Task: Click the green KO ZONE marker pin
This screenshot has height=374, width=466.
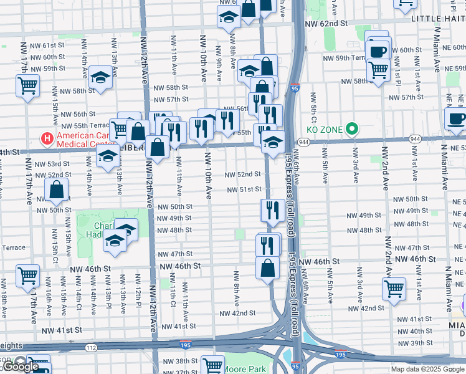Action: [x=352, y=130]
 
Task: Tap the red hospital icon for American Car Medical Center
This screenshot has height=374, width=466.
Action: [x=45, y=137]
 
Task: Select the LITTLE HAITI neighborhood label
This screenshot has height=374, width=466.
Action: [x=438, y=19]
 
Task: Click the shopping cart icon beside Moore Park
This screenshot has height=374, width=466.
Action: [x=213, y=365]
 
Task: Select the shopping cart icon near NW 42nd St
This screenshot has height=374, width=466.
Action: [x=394, y=289]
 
